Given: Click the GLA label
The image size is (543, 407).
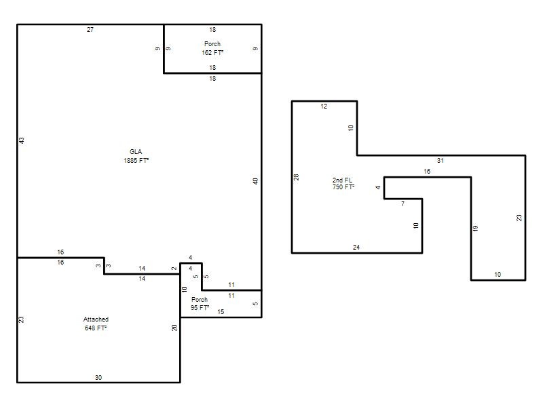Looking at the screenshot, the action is (x=136, y=151).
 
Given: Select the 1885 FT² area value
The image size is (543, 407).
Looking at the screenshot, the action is (x=136, y=160).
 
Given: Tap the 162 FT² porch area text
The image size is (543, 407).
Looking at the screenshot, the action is (x=212, y=53).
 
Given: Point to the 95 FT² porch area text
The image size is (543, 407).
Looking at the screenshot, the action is (x=200, y=308).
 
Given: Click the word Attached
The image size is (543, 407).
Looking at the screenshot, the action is (x=96, y=319).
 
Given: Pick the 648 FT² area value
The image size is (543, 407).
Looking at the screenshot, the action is (x=96, y=328).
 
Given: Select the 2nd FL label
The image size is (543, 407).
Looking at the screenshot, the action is (x=342, y=180).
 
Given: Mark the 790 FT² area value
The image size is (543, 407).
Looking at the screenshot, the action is (x=343, y=187).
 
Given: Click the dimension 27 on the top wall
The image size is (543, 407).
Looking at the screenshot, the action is (x=90, y=30).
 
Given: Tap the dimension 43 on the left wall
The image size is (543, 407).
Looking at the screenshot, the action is (x=22, y=140).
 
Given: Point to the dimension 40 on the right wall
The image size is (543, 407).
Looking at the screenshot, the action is (x=255, y=181).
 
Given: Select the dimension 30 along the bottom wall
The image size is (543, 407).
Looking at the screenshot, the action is (x=98, y=378).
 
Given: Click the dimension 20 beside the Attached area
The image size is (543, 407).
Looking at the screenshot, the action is (x=174, y=328).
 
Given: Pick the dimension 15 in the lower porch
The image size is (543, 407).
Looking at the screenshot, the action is (x=221, y=312).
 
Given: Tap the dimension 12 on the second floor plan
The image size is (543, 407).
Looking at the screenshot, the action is (x=324, y=106).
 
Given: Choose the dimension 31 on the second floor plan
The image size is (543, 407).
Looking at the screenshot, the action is (x=440, y=161).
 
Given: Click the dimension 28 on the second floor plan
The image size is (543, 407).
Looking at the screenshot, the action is (x=296, y=177).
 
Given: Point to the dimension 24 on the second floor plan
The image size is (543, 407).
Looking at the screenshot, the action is (x=356, y=248).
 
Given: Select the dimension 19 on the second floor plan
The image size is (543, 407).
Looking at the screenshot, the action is (x=476, y=229).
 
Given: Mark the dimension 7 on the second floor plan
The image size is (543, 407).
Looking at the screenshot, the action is (x=402, y=204).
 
